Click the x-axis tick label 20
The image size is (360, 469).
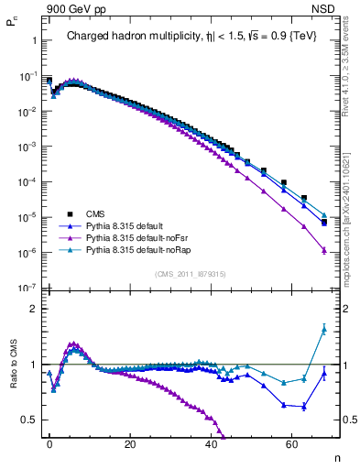[130, 444]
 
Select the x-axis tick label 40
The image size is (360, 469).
[211, 444]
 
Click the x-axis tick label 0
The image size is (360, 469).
[49, 444]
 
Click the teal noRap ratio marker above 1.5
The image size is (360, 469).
[323, 329]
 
